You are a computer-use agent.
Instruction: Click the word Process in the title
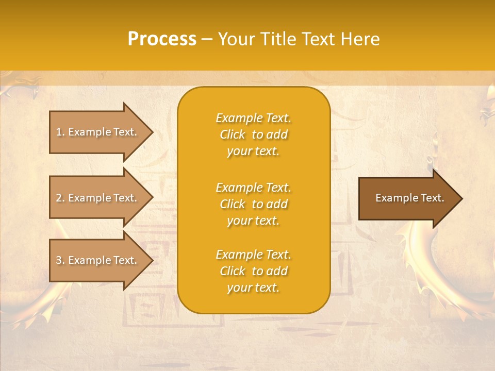pyautogui.click(x=162, y=39)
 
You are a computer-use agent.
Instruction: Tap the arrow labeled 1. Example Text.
pyautogui.click(x=98, y=132)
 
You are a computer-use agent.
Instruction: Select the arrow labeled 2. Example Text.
pyautogui.click(x=98, y=198)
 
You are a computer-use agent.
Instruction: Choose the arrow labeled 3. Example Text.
pyautogui.click(x=98, y=260)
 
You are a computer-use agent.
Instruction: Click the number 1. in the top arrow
pyautogui.click(x=60, y=132)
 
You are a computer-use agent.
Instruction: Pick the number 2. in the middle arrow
pyautogui.click(x=60, y=198)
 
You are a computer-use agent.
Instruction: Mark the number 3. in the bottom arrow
pyautogui.click(x=60, y=260)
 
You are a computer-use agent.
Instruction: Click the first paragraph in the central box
pyautogui.click(x=253, y=134)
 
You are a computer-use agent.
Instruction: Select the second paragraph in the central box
pyautogui.click(x=253, y=204)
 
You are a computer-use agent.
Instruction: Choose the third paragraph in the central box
pyautogui.click(x=253, y=271)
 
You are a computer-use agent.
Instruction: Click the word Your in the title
pyautogui.click(x=236, y=39)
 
